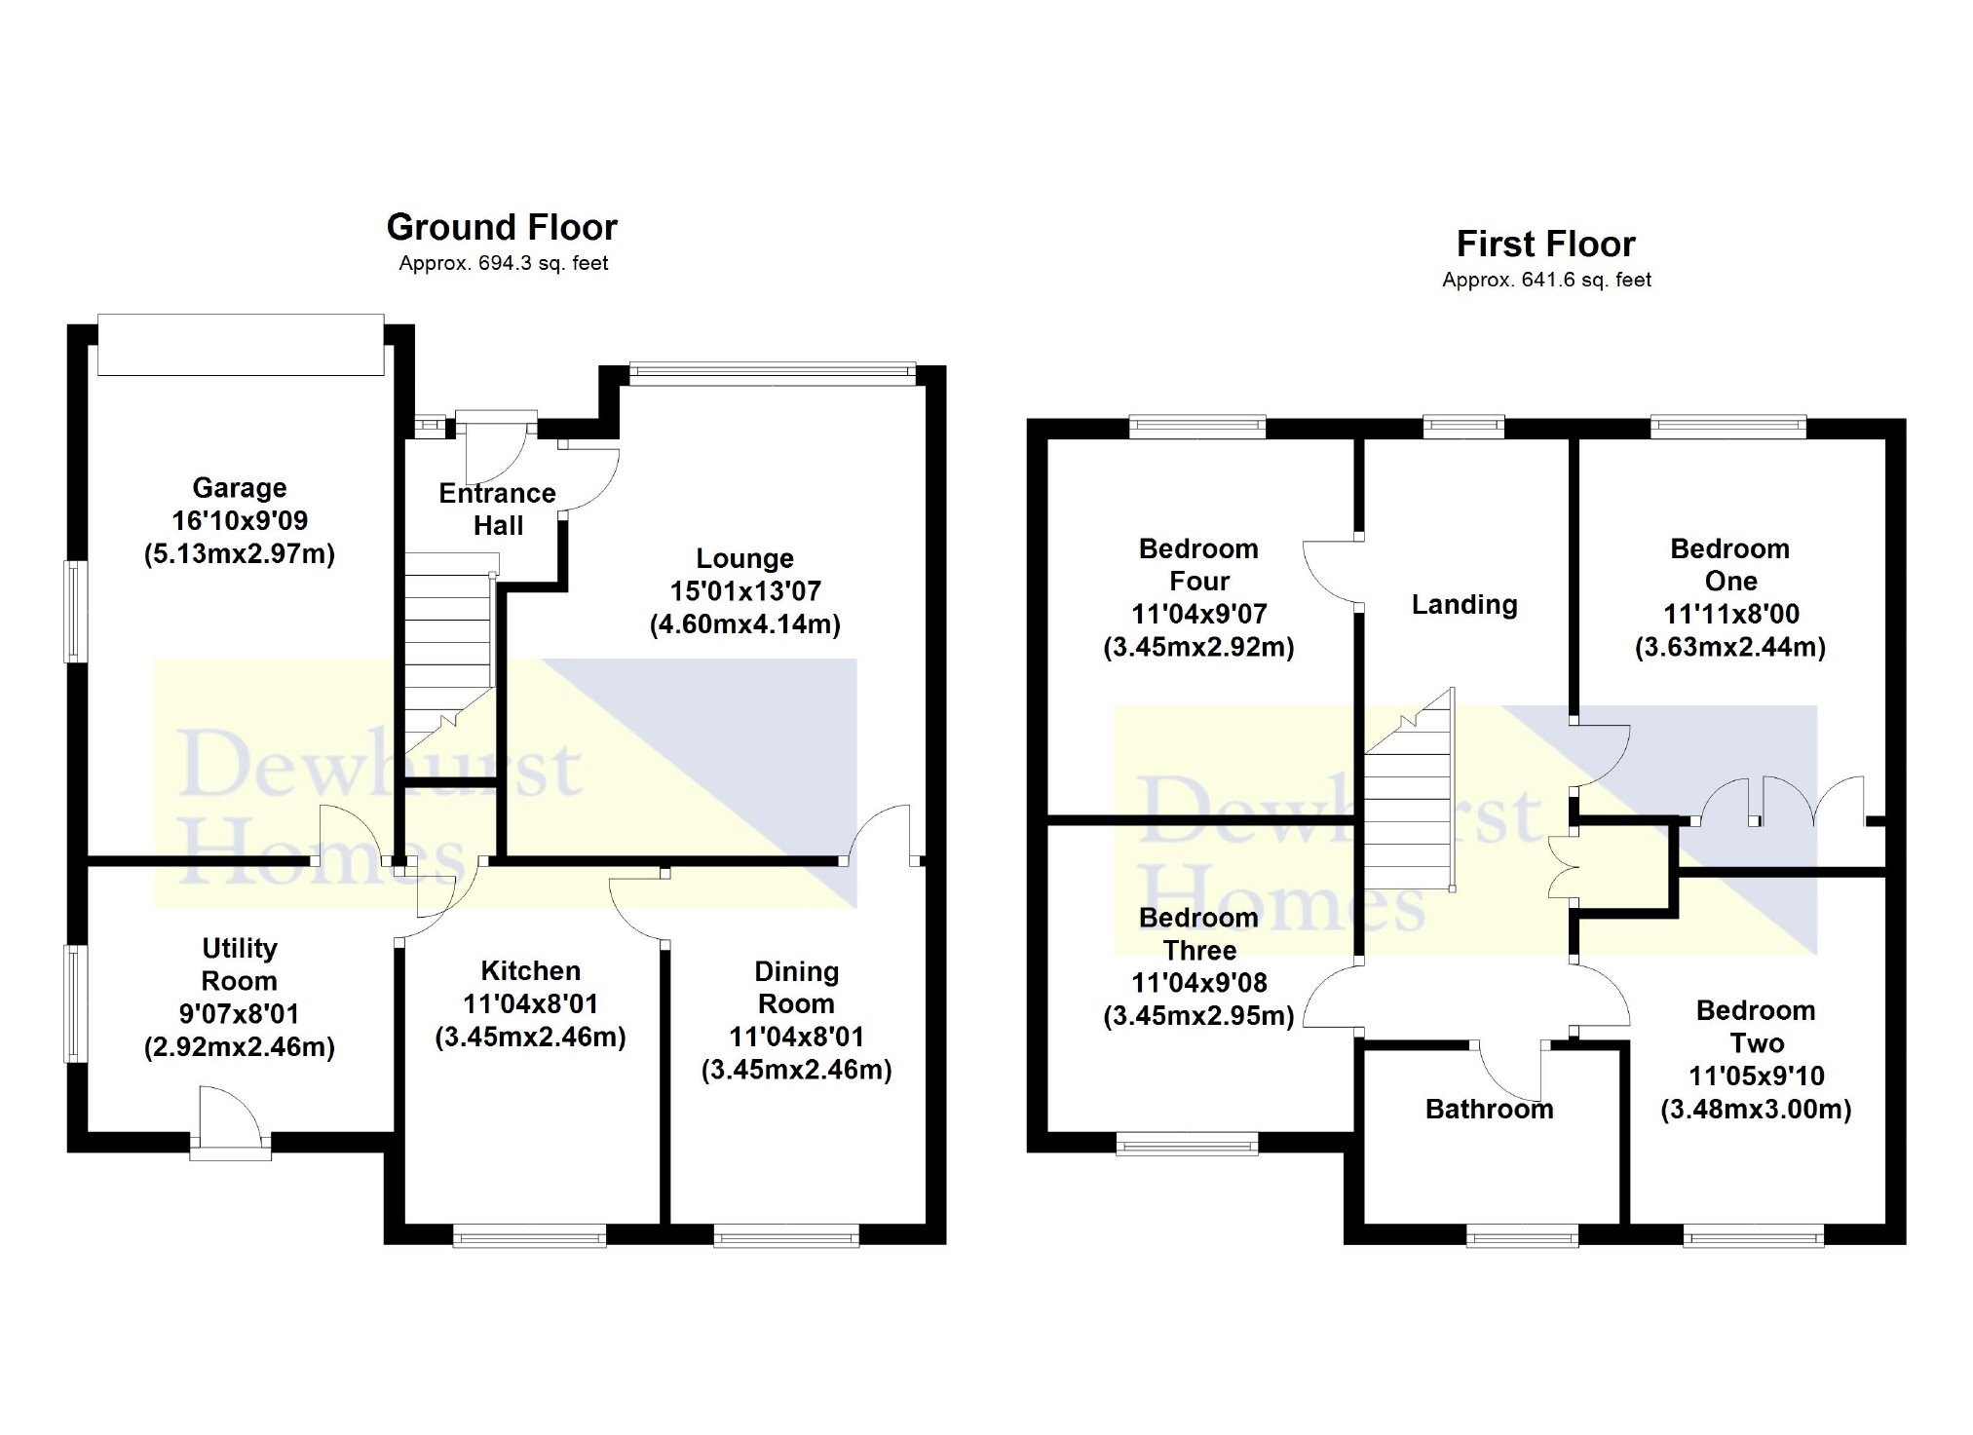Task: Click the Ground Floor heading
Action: [502, 227]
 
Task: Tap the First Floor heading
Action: [1545, 244]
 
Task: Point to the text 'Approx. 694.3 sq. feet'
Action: [503, 263]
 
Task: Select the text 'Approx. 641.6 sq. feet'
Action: [1546, 281]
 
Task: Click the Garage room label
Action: [240, 488]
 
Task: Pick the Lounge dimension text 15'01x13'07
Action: [745, 591]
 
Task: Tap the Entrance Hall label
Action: [498, 510]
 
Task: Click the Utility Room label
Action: [240, 964]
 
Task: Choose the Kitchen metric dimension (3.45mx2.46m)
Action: [530, 1037]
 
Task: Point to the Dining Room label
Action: [796, 988]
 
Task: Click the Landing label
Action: [1464, 605]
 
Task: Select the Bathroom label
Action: [1489, 1109]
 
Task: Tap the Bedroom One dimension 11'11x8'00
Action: [1730, 614]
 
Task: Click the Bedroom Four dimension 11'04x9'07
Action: [1198, 614]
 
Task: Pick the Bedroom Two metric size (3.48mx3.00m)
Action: [1756, 1109]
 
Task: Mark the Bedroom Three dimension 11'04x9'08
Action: [1198, 983]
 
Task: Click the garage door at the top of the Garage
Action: [241, 344]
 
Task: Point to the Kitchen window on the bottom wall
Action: [530, 1238]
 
